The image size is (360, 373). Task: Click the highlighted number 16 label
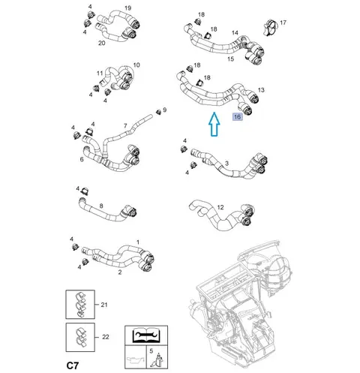point(237,117)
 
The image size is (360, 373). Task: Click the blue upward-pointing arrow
point(214,125)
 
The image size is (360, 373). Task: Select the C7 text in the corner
point(73,365)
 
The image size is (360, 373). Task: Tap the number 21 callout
point(104,305)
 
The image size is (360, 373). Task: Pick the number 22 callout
point(106,337)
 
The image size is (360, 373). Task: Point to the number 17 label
point(283,23)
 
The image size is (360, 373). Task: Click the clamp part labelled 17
point(270,28)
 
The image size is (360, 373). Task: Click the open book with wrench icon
point(146,335)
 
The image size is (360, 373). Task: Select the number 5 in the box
point(151,351)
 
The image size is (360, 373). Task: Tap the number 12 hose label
point(220,207)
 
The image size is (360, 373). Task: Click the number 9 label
point(164,110)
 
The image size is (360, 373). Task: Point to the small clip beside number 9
point(158,112)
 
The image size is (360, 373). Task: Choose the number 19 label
point(127,8)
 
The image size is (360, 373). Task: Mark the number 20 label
point(101,43)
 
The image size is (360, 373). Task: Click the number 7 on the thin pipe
point(125,126)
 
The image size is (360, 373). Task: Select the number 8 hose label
point(101,206)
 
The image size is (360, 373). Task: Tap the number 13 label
point(261,90)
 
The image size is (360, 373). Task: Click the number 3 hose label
point(226,164)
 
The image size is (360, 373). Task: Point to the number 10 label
point(136,65)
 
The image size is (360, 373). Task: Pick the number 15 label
point(230,59)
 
